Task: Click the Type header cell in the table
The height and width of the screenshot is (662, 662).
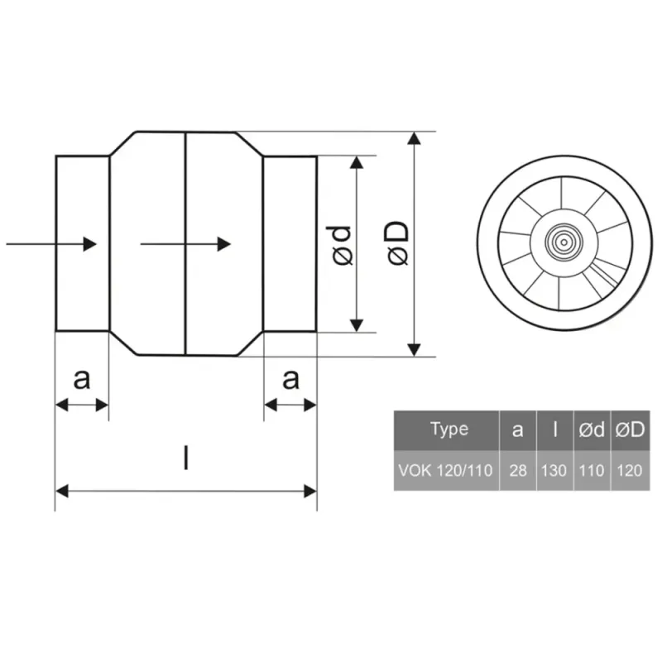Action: [x=449, y=429]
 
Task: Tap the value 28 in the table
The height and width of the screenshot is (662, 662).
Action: [x=518, y=471]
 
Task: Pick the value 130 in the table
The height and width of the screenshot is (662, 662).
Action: [x=554, y=471]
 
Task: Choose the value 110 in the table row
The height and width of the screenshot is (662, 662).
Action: [x=592, y=471]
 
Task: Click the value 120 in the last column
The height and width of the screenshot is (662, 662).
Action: [x=630, y=471]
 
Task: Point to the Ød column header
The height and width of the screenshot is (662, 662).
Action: [x=592, y=429]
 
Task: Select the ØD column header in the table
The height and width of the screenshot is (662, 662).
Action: [x=630, y=429]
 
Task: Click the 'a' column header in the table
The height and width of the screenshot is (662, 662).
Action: [x=518, y=429]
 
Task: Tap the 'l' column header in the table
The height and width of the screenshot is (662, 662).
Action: [x=554, y=429]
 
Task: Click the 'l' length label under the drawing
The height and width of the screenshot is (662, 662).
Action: [x=185, y=458]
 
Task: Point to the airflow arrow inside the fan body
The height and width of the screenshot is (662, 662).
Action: [x=185, y=244]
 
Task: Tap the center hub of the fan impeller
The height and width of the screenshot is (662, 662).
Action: [x=564, y=242]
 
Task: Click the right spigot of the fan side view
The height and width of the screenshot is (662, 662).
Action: [x=290, y=244]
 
